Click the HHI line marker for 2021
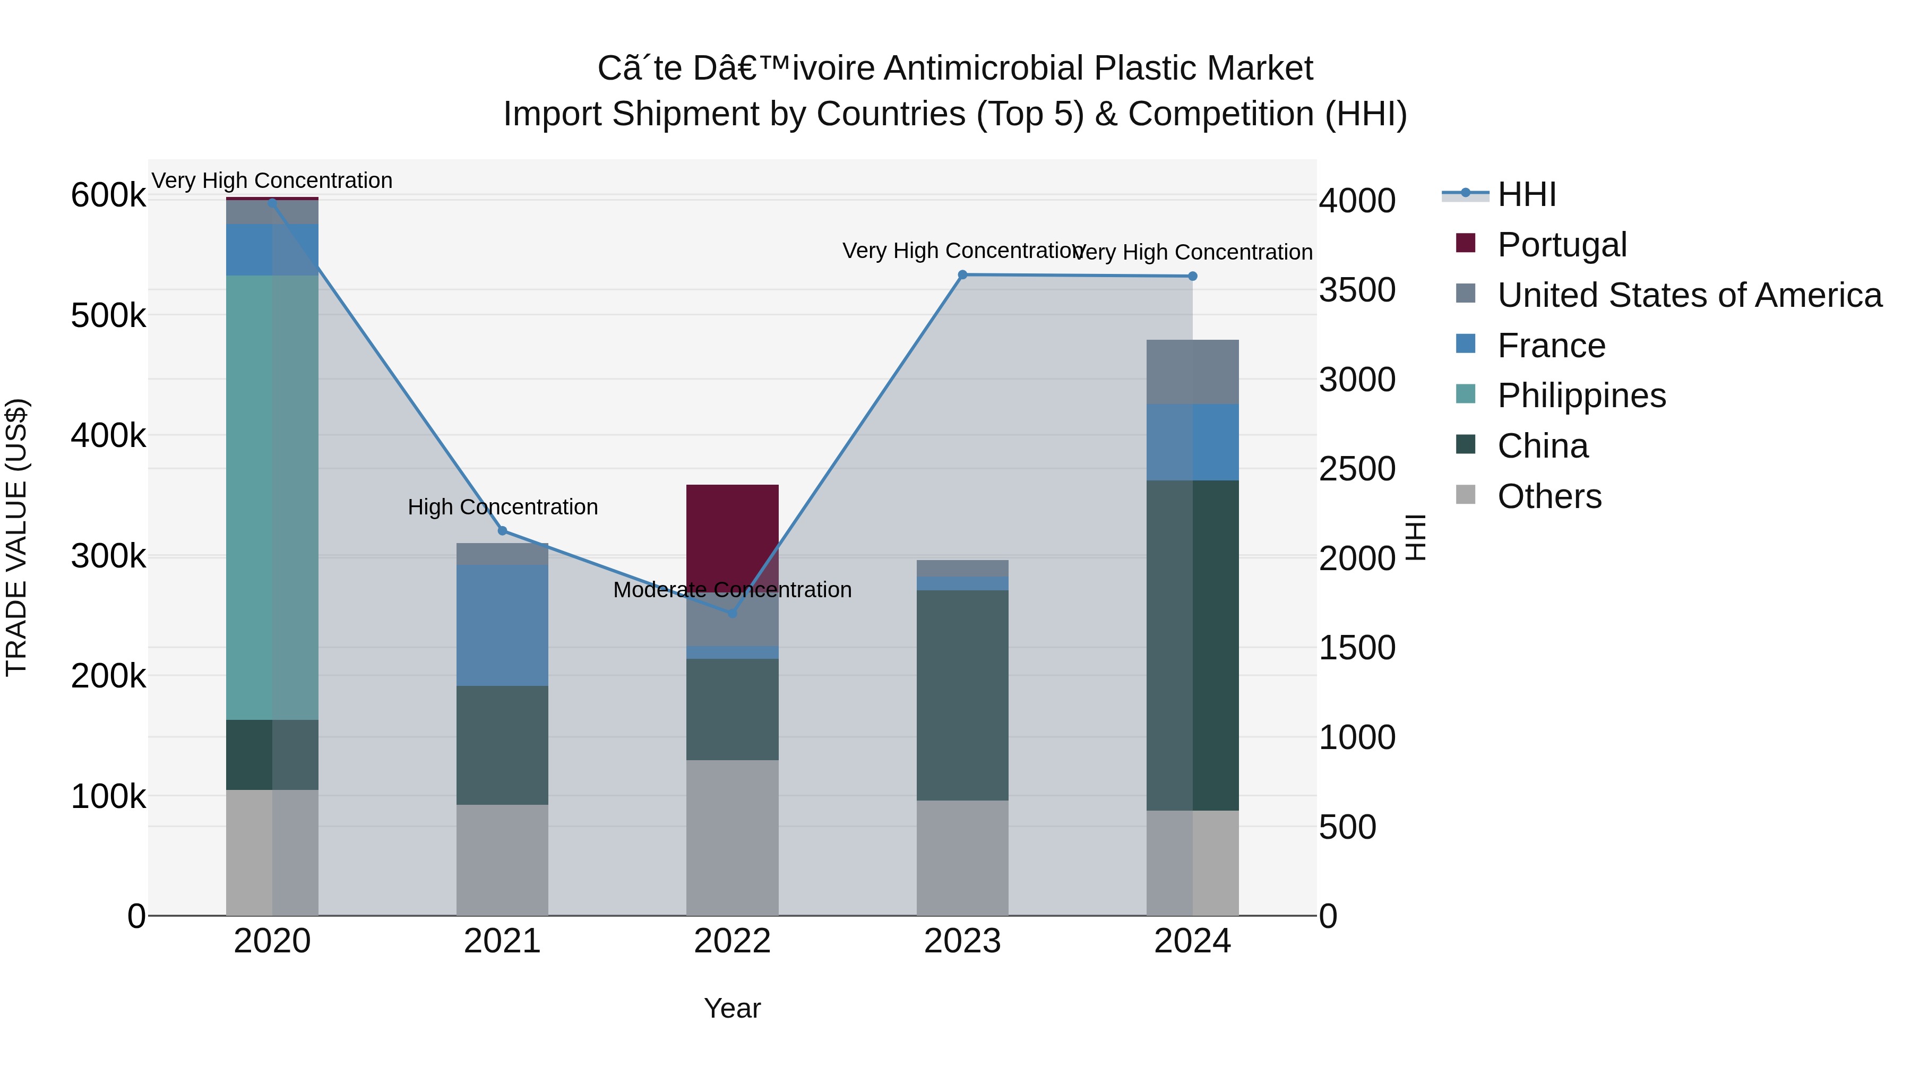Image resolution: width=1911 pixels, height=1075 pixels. click(502, 530)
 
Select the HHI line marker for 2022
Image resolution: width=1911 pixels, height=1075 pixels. click(732, 613)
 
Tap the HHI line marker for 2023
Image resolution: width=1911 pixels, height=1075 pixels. click(962, 274)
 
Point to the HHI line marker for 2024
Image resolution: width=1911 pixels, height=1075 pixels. click(1192, 276)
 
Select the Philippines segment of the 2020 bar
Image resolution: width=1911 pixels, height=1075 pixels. click(271, 497)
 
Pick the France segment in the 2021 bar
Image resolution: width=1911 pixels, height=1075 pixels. click(502, 625)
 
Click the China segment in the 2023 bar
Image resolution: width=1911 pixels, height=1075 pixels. click(962, 694)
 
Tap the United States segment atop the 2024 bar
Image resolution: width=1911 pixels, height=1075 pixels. click(1192, 372)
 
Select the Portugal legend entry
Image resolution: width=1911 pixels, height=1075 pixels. click(1562, 245)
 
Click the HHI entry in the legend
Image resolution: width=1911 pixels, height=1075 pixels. click(1526, 194)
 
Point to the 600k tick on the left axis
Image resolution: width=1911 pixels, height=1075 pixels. click(108, 196)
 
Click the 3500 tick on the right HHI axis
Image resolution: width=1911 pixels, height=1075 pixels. click(1357, 290)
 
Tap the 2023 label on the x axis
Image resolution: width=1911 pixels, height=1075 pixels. click(962, 941)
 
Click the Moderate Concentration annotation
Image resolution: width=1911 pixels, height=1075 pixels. click(732, 590)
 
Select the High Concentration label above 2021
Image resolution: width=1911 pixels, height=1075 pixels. click(502, 507)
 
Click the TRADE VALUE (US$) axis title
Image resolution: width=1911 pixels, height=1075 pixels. click(16, 537)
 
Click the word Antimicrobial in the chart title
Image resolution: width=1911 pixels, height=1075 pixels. click(984, 68)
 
